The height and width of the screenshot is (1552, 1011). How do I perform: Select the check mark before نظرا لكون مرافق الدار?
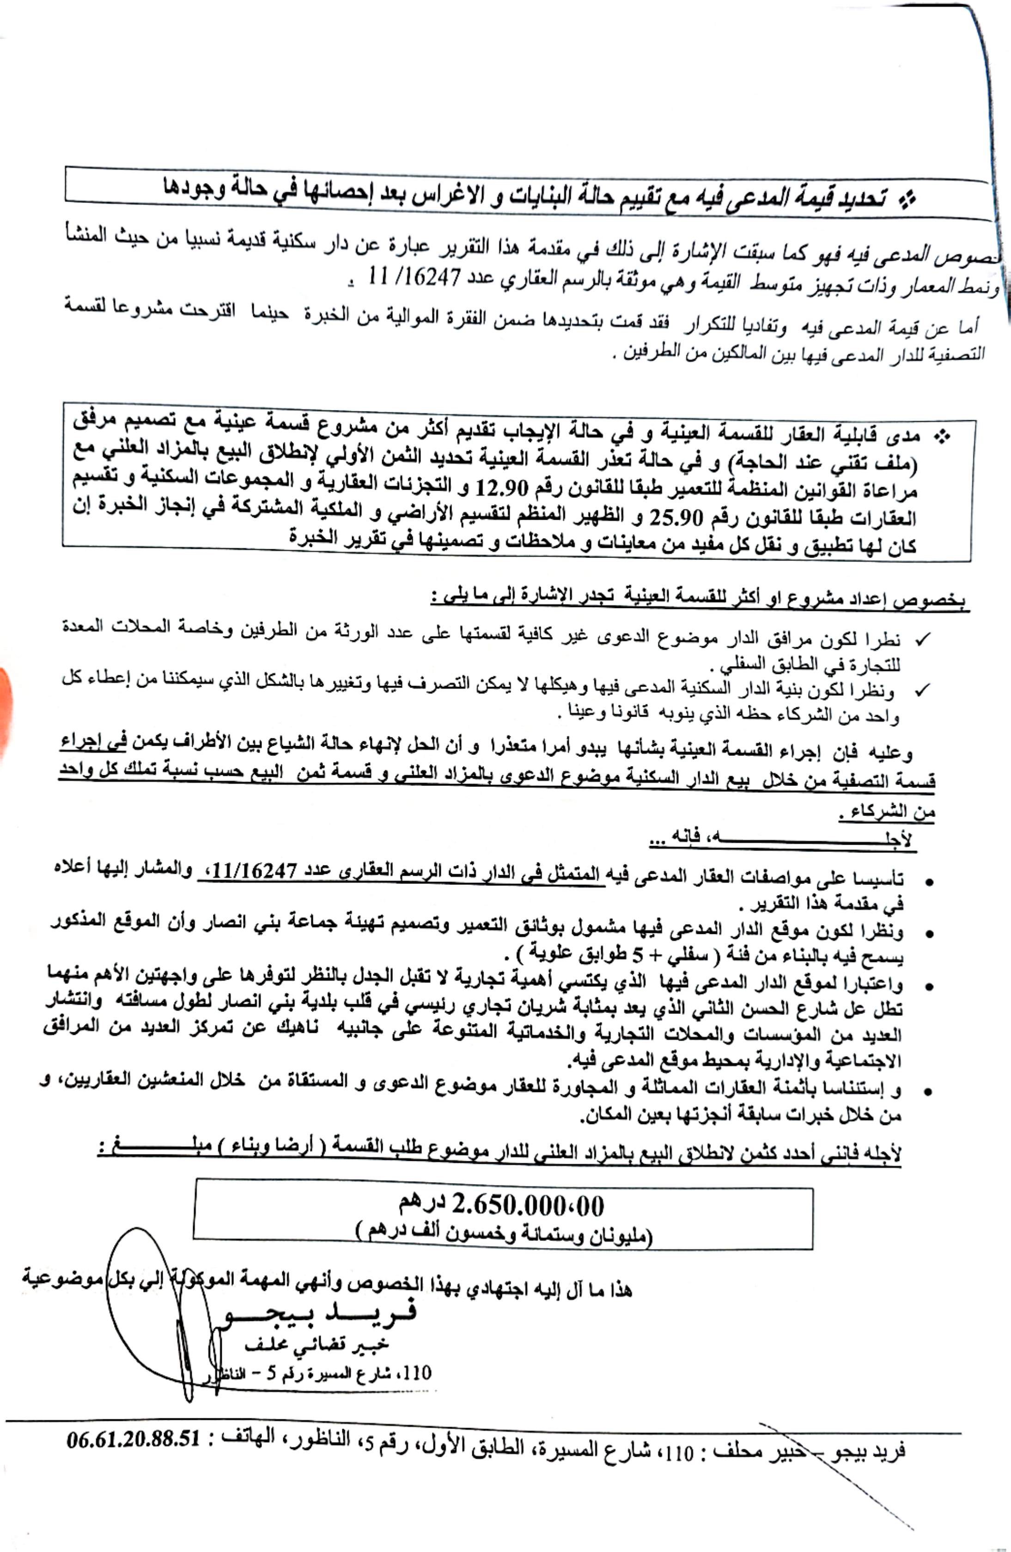click(x=921, y=641)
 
